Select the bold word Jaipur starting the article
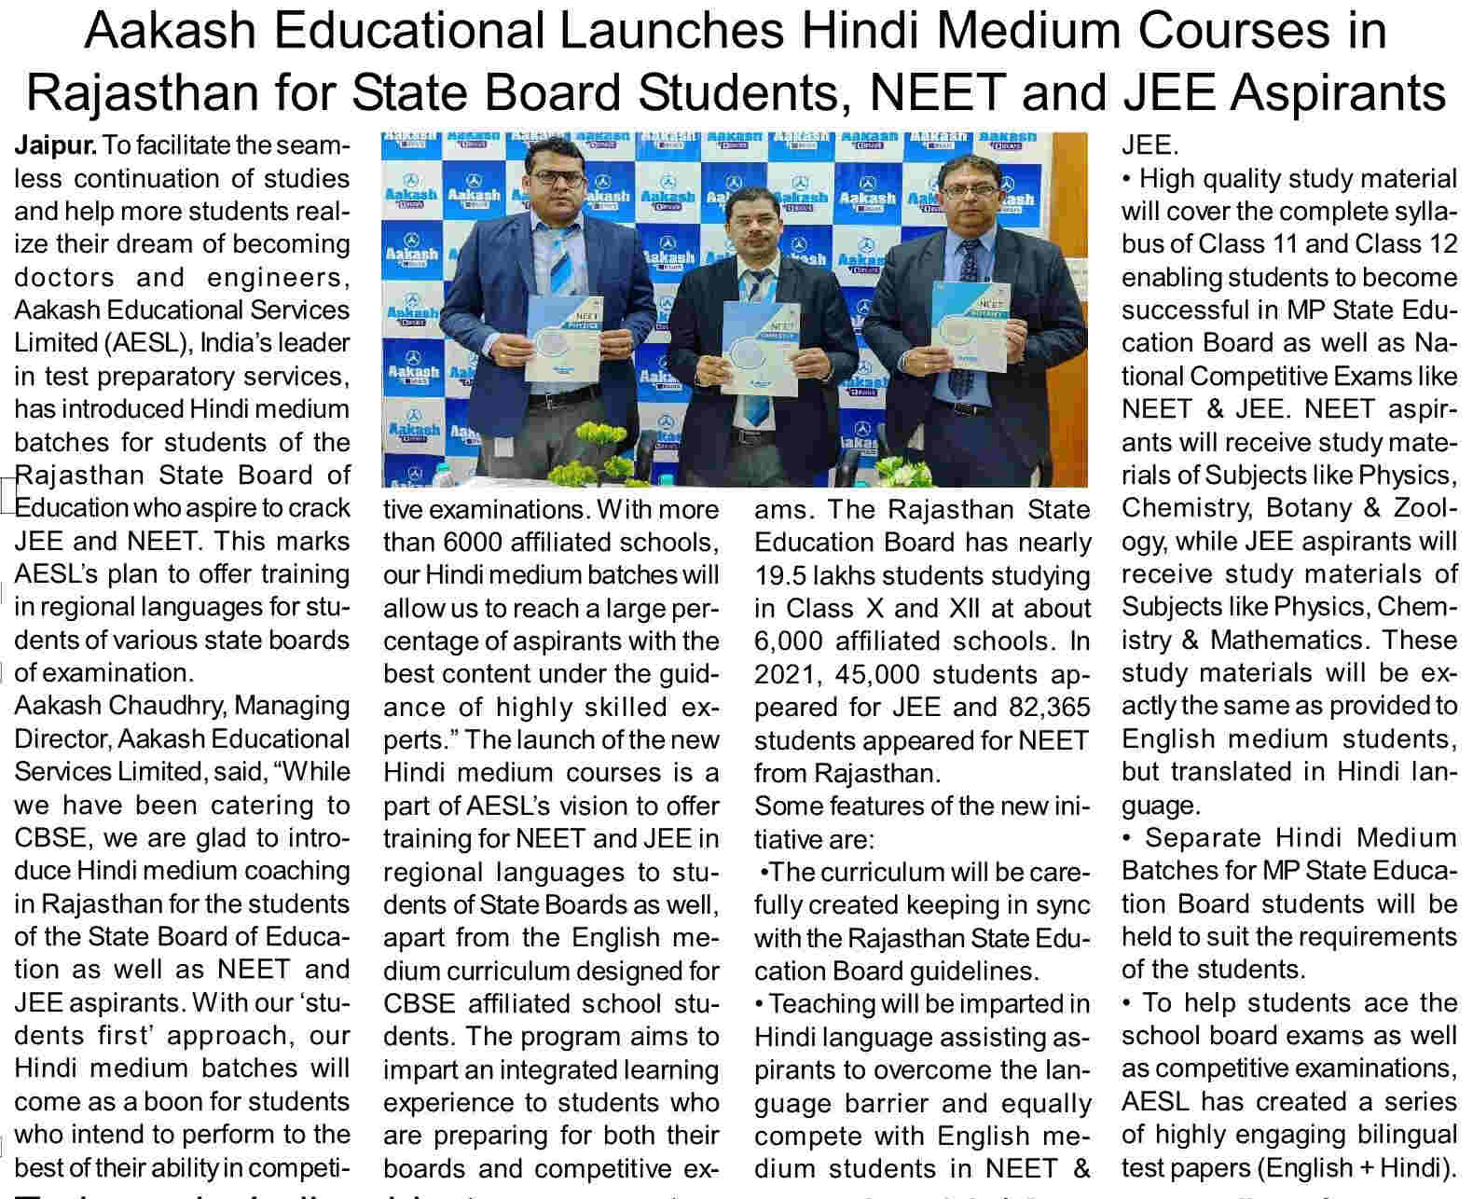click(55, 145)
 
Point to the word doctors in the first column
click(63, 277)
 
